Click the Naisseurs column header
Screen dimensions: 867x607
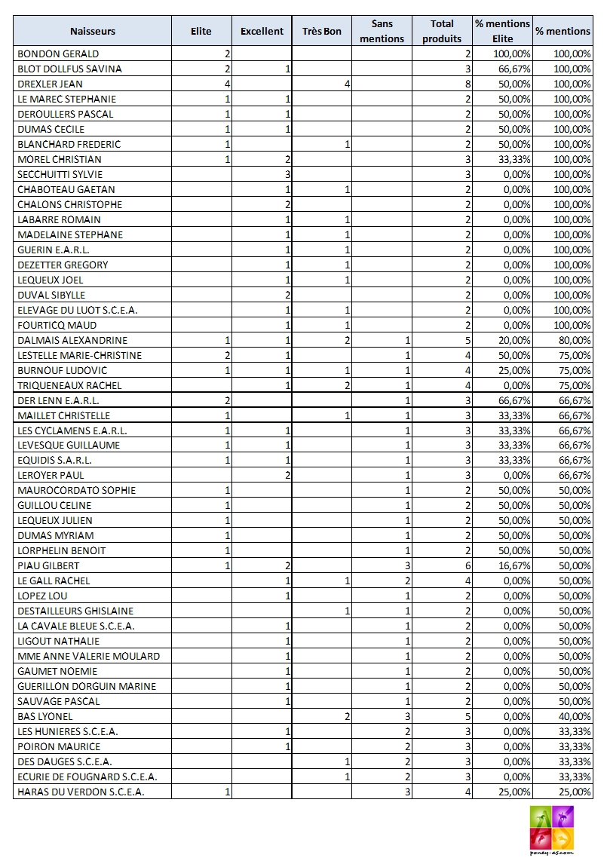tap(93, 32)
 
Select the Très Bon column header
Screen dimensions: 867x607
tap(322, 32)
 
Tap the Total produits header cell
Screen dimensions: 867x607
tap(442, 32)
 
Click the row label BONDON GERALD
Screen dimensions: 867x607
tap(58, 54)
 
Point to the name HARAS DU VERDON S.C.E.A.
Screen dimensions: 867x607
tap(81, 792)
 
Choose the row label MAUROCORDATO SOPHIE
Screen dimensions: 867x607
tap(76, 490)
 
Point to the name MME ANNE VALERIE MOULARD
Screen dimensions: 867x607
tap(88, 656)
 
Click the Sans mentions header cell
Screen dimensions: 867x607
tap(382, 32)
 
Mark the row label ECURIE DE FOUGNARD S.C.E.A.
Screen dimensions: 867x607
tap(87, 777)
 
